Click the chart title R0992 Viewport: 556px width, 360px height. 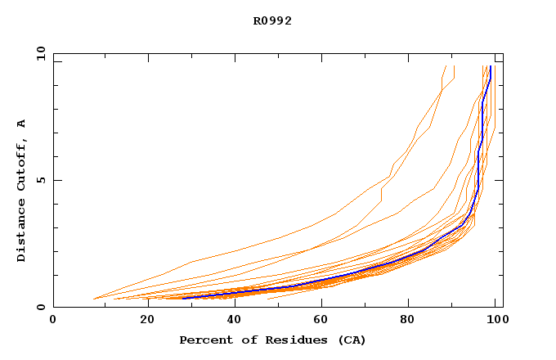272,21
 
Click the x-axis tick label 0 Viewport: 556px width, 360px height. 53,320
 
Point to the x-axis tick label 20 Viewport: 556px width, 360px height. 142,320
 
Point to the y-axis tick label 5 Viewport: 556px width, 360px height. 41,180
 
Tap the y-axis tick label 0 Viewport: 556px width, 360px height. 41,307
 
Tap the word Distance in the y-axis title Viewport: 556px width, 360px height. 22,233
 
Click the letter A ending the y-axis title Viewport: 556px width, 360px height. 22,124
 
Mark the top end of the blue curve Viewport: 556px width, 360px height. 490,68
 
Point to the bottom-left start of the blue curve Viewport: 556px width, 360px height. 184,298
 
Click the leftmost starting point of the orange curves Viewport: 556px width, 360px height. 94,299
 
